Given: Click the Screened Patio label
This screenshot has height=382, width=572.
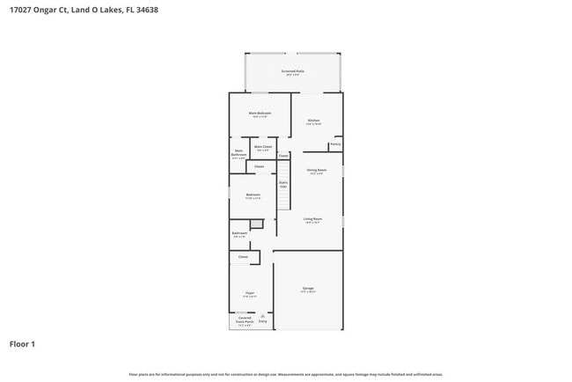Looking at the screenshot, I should pos(293,70).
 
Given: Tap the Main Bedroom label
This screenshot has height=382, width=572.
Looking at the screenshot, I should pos(260,114).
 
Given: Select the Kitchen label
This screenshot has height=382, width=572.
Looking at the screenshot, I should pos(313,121).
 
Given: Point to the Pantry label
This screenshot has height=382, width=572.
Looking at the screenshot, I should pos(335,144).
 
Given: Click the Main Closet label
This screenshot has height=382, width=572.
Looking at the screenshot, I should pos(263,147).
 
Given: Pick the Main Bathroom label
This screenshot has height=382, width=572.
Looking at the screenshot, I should pos(238,153).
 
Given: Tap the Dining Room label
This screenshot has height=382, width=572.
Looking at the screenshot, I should pos(317,170).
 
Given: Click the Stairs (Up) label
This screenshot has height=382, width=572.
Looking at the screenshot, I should pos(283,184).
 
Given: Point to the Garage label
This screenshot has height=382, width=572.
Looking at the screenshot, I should pos(308,288).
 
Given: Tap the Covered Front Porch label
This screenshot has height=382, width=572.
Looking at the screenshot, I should pos(245,320).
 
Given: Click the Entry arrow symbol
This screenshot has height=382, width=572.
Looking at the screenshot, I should pos(262,314).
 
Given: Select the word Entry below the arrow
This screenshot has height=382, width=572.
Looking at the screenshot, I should pos(262,320).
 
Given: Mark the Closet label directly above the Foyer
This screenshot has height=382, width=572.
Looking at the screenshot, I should pos(243,256).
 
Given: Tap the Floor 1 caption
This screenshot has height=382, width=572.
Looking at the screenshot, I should pos(23,343).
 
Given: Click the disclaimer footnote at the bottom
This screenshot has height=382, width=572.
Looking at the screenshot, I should pos(285,374).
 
